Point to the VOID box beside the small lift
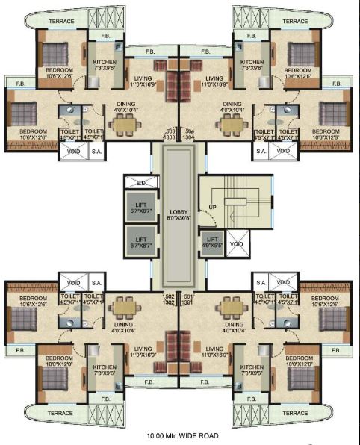pyautogui.click(x=237, y=244)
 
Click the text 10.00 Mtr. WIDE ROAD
pyautogui.click(x=179, y=435)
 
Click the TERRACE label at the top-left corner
pyautogui.click(x=61, y=21)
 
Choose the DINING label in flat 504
pyautogui.click(x=232, y=107)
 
